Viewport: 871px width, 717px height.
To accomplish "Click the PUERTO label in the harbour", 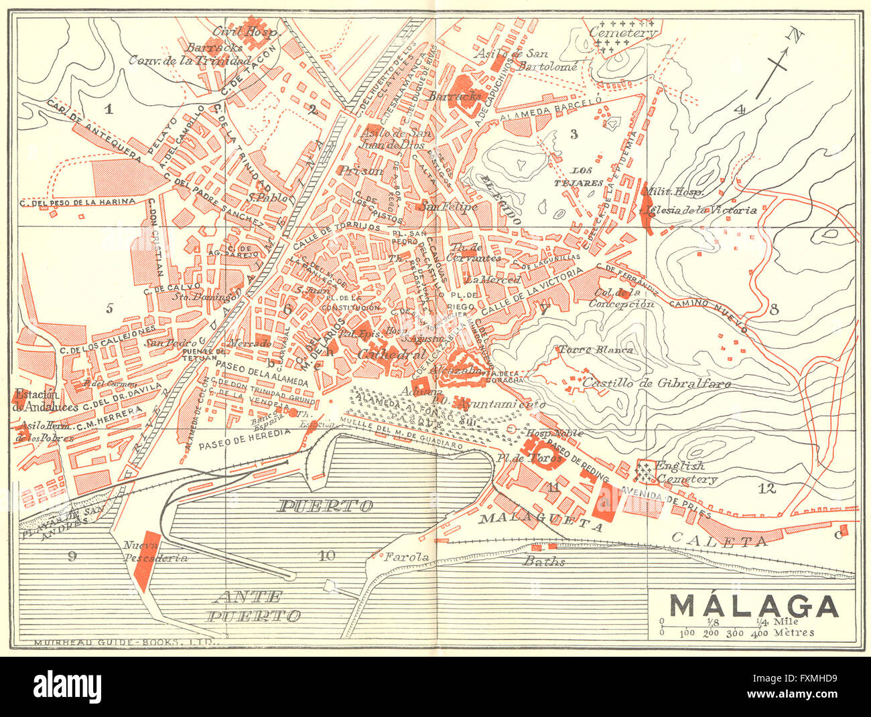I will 325,505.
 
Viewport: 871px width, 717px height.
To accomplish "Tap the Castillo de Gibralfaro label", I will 657,384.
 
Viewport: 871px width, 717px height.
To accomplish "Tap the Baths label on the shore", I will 545,562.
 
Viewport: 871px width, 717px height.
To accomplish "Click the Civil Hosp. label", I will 235,31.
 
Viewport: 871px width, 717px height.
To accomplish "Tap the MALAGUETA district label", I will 540,522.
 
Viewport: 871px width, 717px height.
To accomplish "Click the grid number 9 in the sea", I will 72,554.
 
